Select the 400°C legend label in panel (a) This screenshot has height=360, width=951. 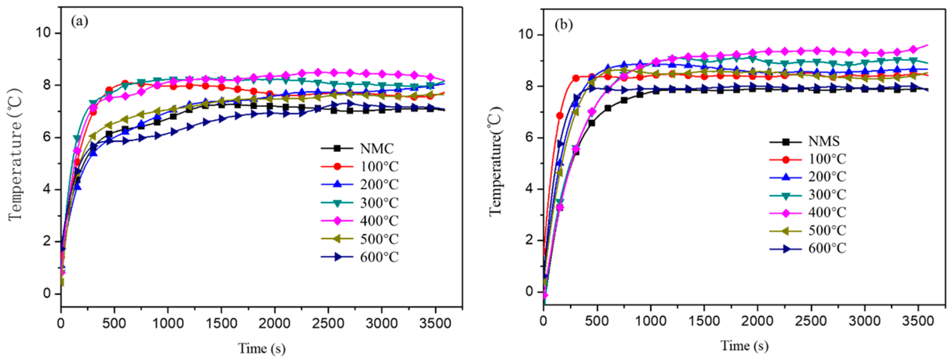[379, 221]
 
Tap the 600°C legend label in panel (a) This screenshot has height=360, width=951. [379, 257]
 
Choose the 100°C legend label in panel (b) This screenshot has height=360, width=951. [827, 159]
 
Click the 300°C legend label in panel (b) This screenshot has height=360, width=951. [827, 195]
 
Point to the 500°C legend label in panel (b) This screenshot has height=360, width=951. [827, 231]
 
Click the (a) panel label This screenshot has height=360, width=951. [80, 21]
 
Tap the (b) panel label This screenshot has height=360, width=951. [563, 25]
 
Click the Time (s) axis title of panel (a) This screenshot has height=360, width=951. [262, 348]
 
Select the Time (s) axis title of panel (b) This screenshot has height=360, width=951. [745, 346]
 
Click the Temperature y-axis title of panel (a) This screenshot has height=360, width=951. [15, 154]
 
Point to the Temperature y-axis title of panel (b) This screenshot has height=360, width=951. [495, 161]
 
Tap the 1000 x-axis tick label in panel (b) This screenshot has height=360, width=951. [651, 321]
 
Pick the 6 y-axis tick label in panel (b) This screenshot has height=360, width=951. [529, 137]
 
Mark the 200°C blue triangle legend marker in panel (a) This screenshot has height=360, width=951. [337, 184]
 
